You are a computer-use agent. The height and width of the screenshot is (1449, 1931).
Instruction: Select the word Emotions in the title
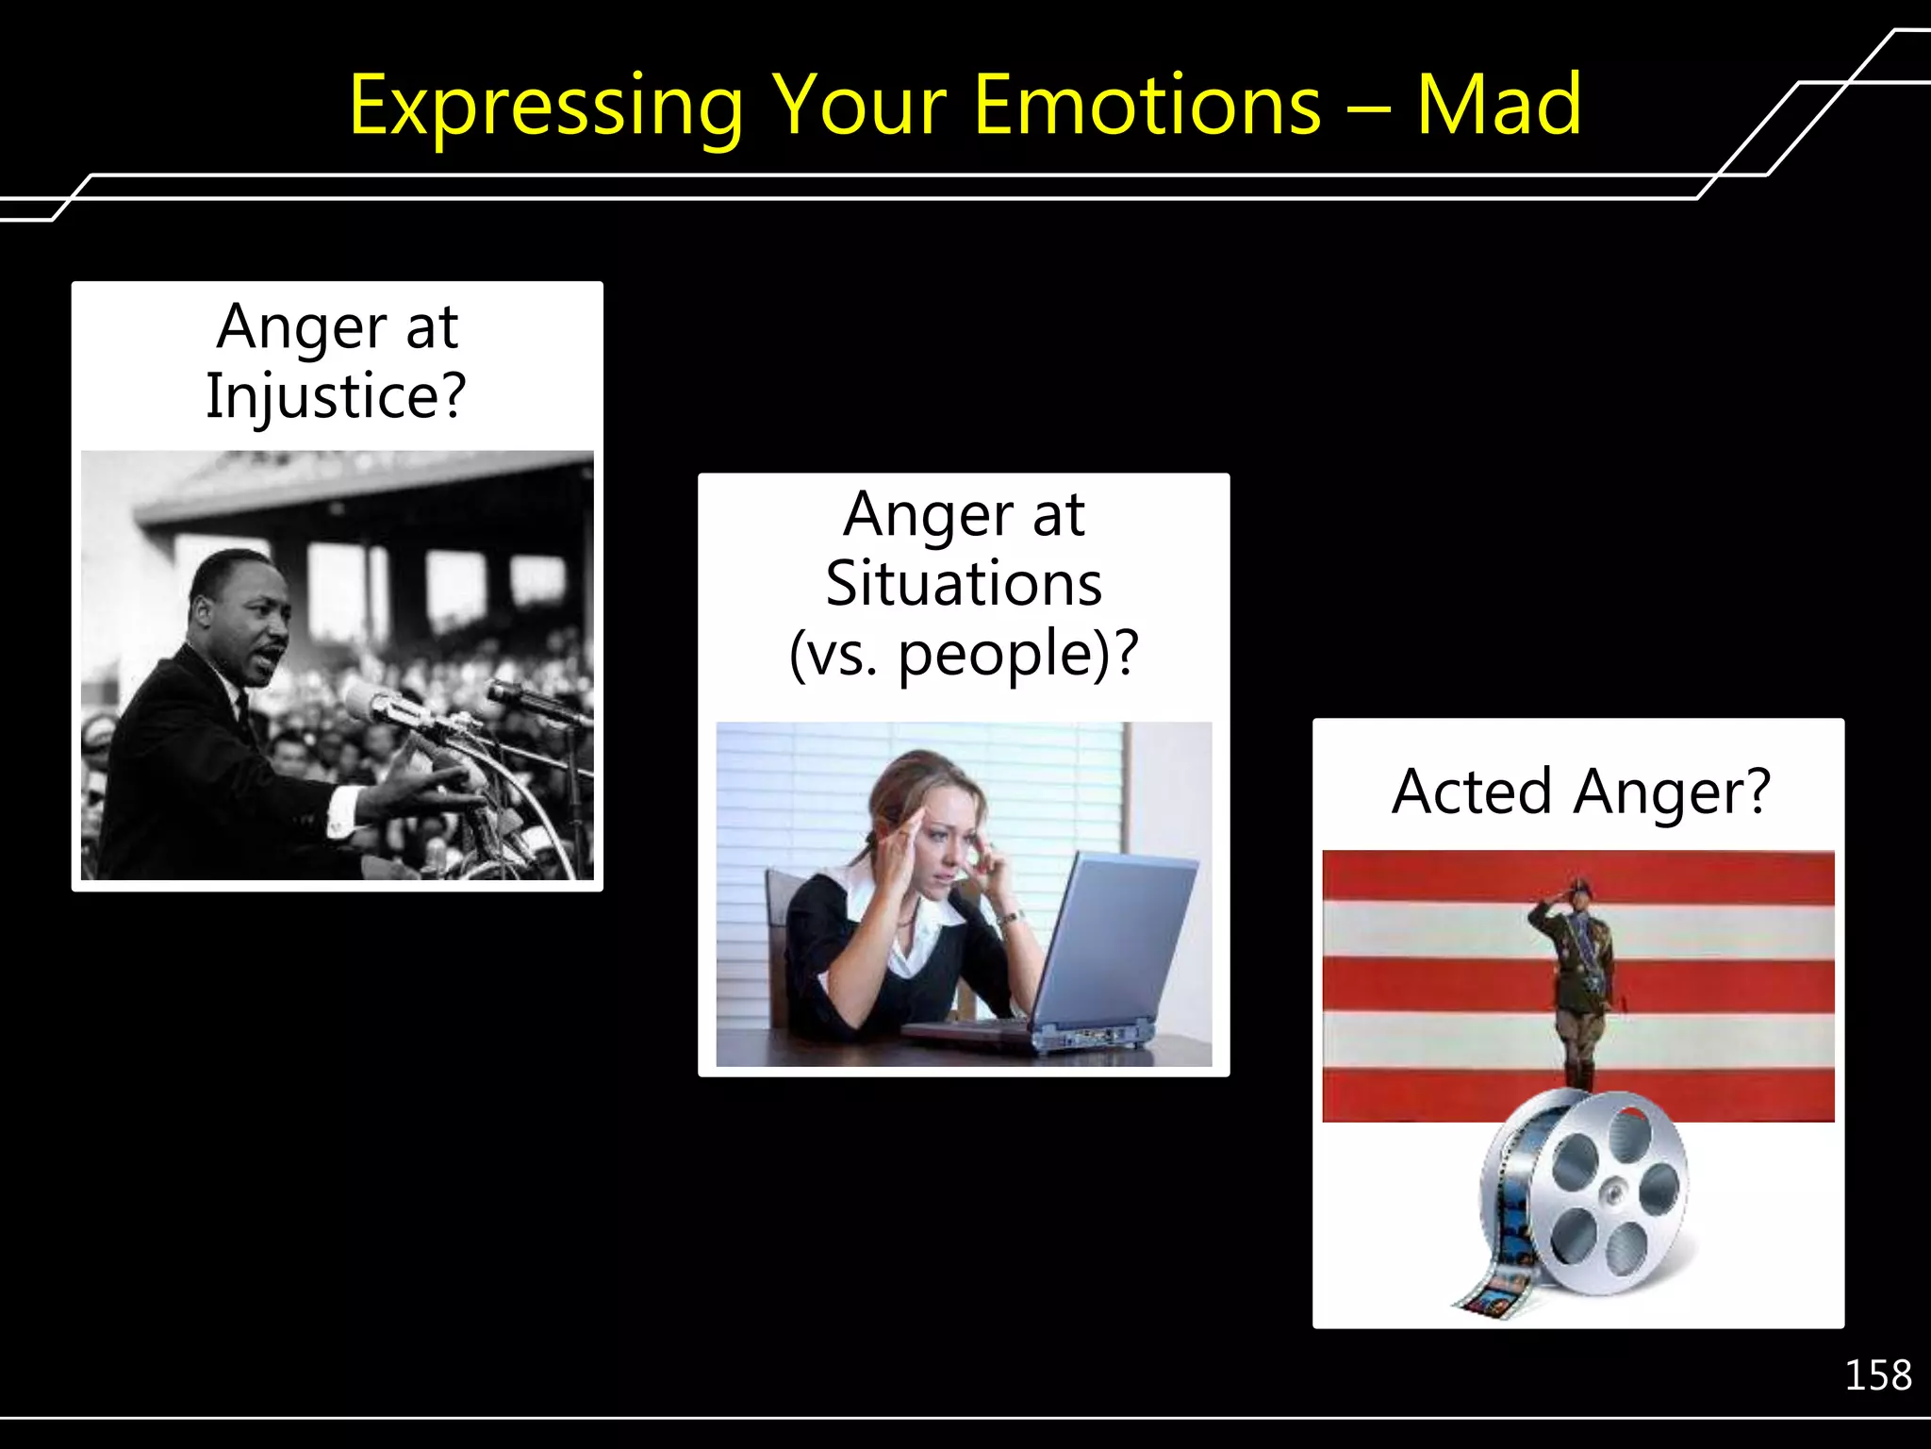click(x=1147, y=106)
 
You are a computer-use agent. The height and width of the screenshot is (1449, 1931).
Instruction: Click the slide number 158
click(x=1877, y=1375)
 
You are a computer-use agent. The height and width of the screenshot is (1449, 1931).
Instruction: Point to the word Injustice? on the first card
click(x=337, y=396)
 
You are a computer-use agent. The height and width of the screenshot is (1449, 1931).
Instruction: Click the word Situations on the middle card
click(x=964, y=584)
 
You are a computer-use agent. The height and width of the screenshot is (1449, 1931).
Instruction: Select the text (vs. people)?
click(x=964, y=654)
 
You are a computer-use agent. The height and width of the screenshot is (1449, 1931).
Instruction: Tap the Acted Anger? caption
click(x=1580, y=791)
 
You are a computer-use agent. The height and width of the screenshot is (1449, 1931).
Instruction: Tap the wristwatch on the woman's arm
click(x=1010, y=917)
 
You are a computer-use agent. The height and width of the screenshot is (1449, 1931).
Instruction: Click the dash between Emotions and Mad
click(x=1368, y=108)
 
